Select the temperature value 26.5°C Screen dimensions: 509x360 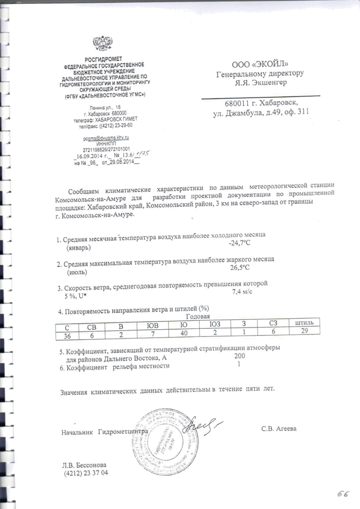pos(241,267)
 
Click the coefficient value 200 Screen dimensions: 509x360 pos(240,356)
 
